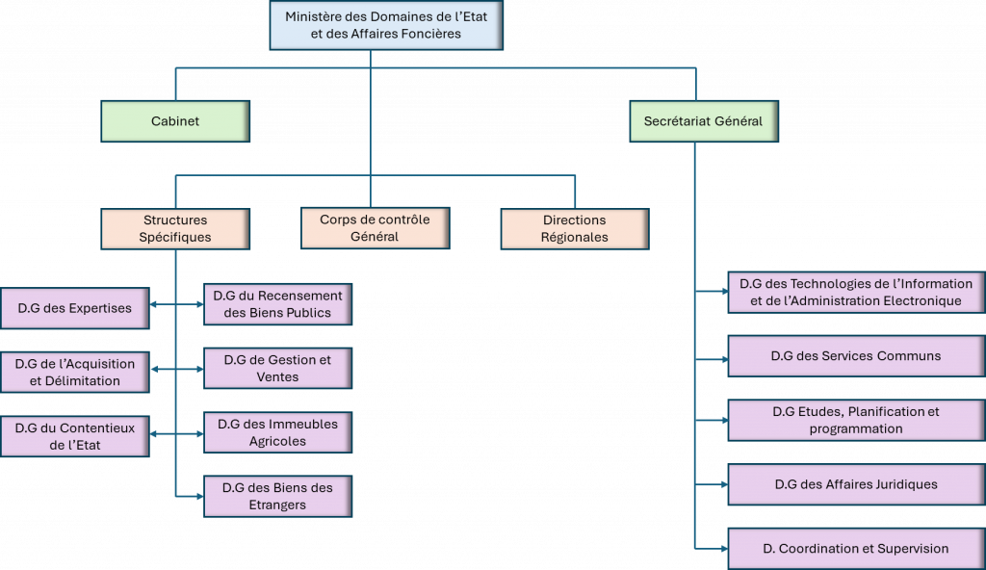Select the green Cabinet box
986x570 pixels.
tap(175, 121)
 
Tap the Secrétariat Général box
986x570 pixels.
tap(703, 121)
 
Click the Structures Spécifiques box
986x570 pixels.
tap(175, 229)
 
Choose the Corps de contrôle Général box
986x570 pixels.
tap(375, 228)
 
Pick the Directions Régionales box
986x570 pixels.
tap(575, 229)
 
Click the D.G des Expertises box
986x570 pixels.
tap(74, 308)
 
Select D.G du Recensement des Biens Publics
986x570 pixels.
tap(277, 304)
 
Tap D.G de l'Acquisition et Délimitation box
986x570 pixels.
tap(74, 372)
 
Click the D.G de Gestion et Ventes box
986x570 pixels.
tap(277, 368)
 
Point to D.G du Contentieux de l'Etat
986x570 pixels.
tap(74, 435)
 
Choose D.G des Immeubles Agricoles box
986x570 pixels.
tap(277, 432)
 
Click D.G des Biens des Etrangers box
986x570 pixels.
tap(277, 496)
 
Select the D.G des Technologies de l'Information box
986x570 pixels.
tap(856, 292)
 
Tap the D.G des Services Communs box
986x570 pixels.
tap(856, 355)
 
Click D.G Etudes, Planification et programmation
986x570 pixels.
tap(856, 420)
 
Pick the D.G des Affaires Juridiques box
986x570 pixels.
tap(856, 484)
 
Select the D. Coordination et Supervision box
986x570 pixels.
tap(856, 548)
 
